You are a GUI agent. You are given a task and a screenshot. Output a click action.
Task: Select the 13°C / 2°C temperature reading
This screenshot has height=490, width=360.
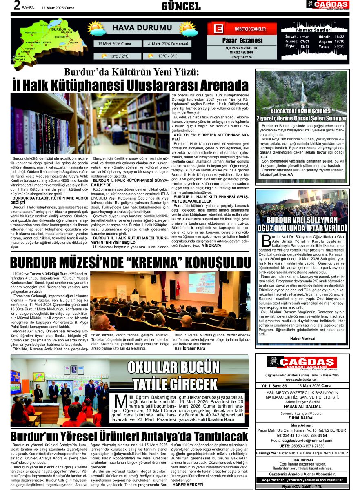pos(119,56)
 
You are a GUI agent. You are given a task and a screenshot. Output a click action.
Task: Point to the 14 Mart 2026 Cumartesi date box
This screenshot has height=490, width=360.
pos(167,44)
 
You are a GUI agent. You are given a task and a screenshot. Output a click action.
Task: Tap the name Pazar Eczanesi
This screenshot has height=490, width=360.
pos(242,40)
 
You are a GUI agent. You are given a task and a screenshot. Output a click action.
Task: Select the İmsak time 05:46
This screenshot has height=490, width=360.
pos(304,36)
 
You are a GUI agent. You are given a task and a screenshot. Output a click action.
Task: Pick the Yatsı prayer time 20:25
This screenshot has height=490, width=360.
pos(339,46)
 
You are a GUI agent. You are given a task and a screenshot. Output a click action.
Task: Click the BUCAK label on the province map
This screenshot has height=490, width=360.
pos(74,42)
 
